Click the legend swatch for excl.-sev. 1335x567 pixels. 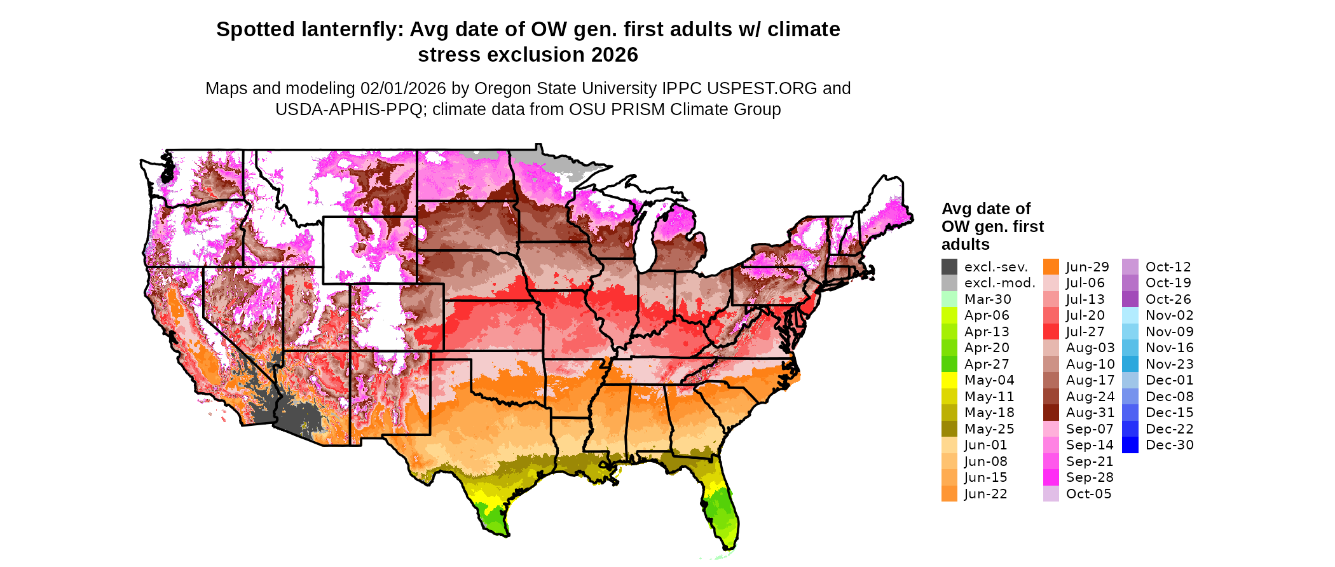pyautogui.click(x=949, y=267)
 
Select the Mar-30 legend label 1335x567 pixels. pyautogui.click(x=987, y=299)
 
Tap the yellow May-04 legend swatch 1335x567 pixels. pyautogui.click(x=949, y=380)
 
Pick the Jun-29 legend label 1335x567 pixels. pyautogui.click(x=1087, y=267)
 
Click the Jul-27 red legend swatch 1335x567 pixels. pyautogui.click(x=1051, y=332)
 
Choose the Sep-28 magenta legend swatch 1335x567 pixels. pyautogui.click(x=1051, y=477)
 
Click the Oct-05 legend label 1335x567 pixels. pyautogui.click(x=1088, y=494)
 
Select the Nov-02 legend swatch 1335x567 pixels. pyautogui.click(x=1130, y=315)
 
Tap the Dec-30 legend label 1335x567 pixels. pyautogui.click(x=1169, y=445)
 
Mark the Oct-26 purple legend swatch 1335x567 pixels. pyautogui.click(x=1130, y=299)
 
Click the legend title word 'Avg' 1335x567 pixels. pyautogui.click(x=955, y=209)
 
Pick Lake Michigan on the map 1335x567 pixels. pyautogui.click(x=645, y=242)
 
